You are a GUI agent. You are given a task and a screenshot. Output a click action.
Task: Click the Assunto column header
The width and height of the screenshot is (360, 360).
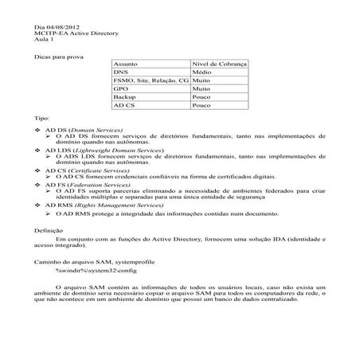point(126,62)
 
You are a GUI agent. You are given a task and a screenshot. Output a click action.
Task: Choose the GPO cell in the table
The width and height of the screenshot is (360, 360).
point(122,88)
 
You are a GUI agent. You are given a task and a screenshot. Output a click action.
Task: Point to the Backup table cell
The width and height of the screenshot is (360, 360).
point(125,96)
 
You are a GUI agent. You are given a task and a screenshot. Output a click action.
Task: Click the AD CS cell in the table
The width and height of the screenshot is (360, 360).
point(124,105)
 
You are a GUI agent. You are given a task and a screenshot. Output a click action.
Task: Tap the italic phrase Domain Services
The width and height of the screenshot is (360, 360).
point(96,128)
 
